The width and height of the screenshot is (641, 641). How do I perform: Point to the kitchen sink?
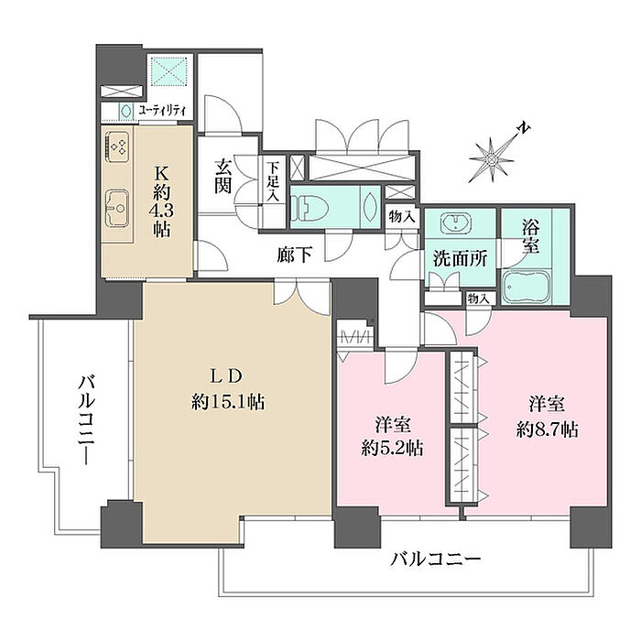[117, 209]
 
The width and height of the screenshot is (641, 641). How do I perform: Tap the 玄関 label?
[223, 177]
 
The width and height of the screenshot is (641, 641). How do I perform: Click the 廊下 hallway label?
[295, 255]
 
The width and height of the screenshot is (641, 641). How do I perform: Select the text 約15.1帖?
[228, 402]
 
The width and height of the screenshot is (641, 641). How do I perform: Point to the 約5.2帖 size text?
[392, 449]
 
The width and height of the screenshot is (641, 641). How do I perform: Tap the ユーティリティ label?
[162, 111]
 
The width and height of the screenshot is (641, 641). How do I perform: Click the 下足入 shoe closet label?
[273, 181]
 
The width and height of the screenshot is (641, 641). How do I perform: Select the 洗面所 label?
[461, 259]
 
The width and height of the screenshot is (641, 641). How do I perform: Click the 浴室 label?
[530, 237]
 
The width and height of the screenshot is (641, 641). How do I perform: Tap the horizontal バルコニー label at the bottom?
[435, 559]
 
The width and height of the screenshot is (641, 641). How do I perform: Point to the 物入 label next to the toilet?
[402, 216]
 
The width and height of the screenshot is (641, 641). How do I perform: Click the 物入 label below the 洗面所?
[478, 299]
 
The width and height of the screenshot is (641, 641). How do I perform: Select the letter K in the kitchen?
[161, 174]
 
